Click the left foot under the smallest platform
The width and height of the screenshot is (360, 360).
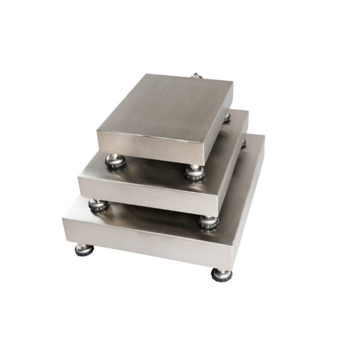coord(115,160)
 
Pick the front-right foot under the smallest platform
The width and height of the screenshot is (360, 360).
coord(194,173)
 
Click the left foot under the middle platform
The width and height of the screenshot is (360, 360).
coord(98,205)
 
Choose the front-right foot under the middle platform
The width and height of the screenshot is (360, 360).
coord(208,221)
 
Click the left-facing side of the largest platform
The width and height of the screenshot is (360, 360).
coord(144,243)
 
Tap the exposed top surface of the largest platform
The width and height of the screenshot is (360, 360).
coord(156,215)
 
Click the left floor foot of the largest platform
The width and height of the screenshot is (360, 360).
coord(84,249)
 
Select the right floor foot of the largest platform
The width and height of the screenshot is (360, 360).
coord(221,274)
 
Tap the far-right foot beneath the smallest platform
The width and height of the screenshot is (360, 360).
coord(226,118)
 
